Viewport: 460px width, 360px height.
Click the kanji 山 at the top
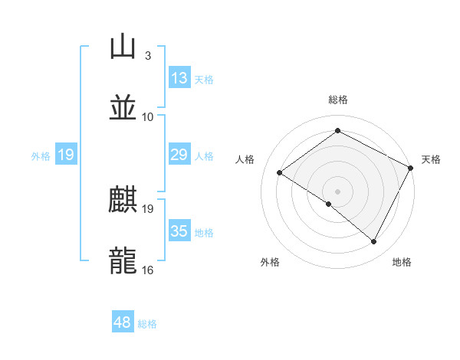coord(123,47)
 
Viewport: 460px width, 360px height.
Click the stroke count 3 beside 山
coord(147,56)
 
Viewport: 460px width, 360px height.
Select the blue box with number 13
coord(179,77)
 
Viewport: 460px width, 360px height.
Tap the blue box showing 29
coord(179,155)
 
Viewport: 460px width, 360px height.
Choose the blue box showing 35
coord(179,231)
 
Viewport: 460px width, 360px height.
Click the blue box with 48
coord(122,322)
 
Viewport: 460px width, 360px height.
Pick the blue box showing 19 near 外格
coord(65,155)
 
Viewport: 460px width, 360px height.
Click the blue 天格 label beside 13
coord(203,79)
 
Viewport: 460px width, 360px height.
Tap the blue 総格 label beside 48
coord(147,324)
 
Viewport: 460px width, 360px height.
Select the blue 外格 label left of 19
coord(41,155)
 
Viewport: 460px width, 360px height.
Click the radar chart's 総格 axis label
coord(337,100)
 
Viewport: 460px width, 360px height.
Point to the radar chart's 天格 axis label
coord(431,159)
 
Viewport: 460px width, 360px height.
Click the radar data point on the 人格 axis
coord(280,172)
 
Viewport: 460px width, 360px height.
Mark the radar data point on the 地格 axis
coord(374,242)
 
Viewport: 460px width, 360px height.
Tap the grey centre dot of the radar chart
coord(337,190)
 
